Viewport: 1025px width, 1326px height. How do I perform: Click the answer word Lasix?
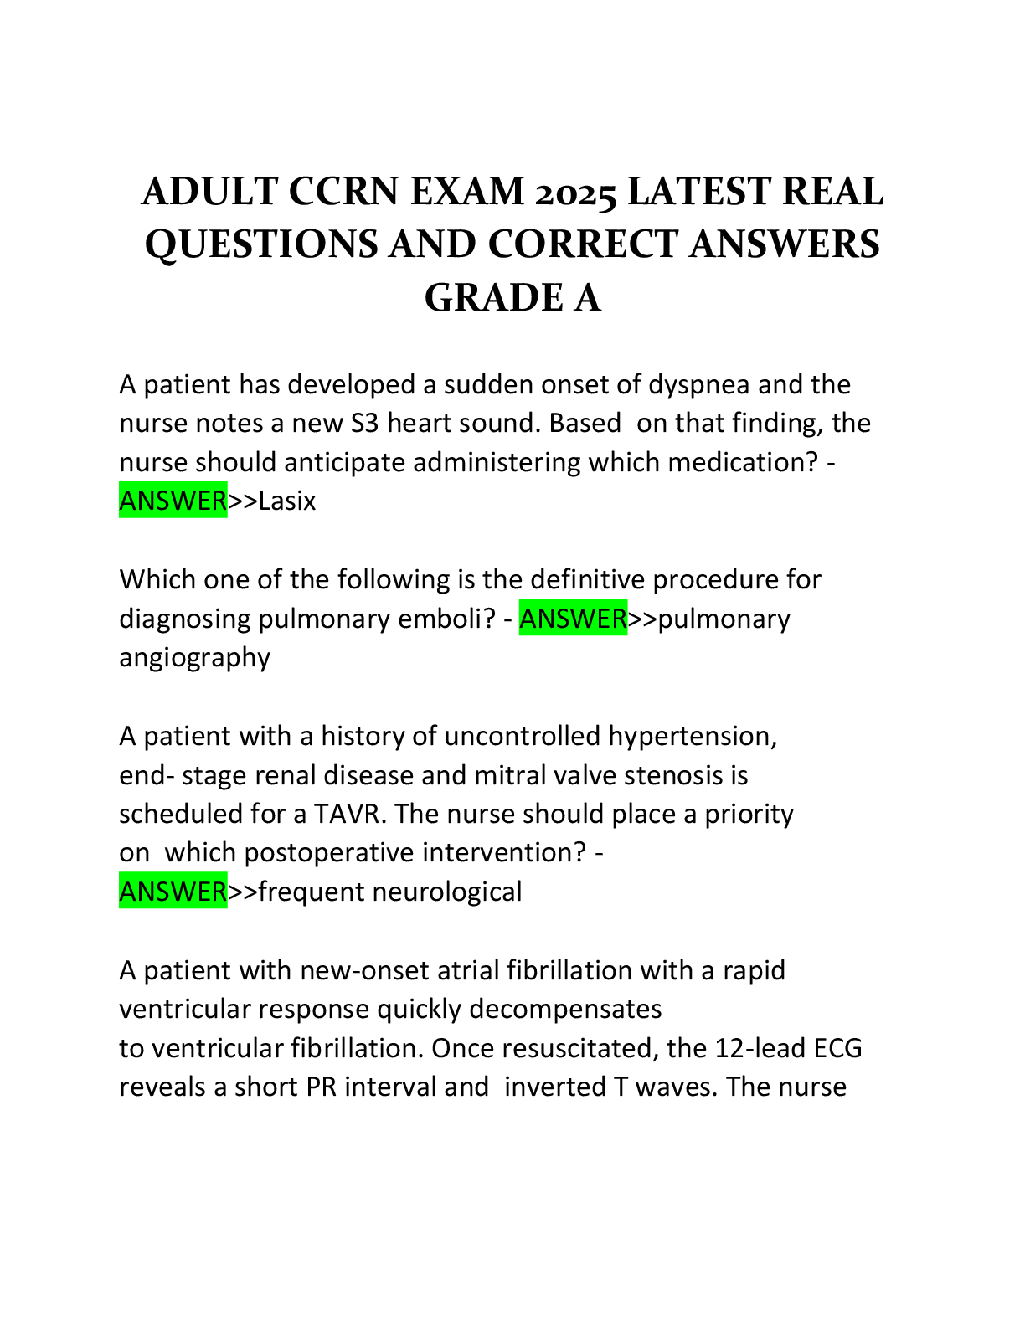[x=287, y=501]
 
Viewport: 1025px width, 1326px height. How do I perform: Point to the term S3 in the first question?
[x=363, y=424]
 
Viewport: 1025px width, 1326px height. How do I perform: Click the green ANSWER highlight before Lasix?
[x=173, y=501]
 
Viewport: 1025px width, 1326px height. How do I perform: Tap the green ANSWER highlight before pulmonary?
[x=573, y=619]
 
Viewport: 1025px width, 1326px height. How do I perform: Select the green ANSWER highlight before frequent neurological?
[x=173, y=892]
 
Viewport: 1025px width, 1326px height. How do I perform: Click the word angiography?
[x=194, y=658]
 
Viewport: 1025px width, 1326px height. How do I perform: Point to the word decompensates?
[x=565, y=1010]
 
